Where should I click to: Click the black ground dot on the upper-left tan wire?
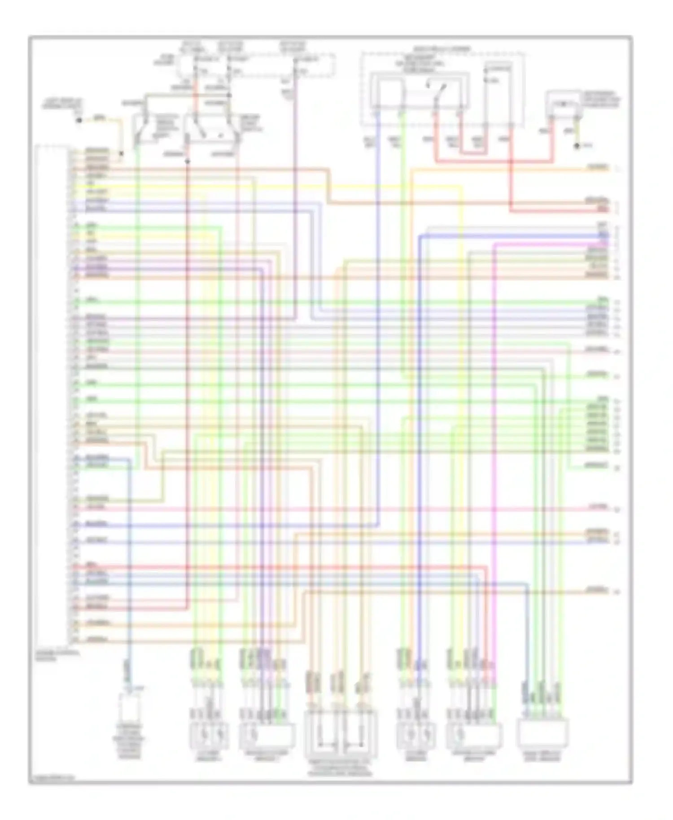coord(79,120)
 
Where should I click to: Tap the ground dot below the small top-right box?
coord(577,146)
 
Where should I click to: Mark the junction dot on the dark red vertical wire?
coord(188,161)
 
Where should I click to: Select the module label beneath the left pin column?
coord(57,656)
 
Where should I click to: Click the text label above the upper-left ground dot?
coord(62,105)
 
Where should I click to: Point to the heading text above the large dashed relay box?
coord(441,48)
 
